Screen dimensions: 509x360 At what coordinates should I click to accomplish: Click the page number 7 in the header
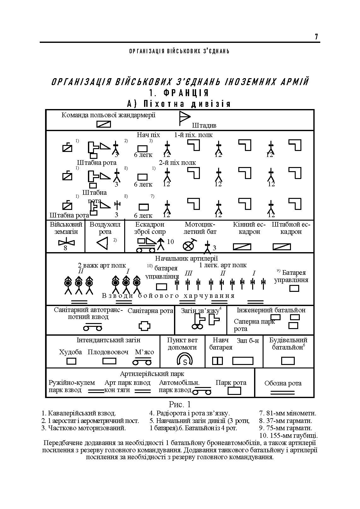click(x=316, y=37)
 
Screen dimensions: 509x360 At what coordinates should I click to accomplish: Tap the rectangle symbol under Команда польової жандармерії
click(x=104, y=124)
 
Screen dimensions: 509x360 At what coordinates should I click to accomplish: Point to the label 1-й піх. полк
click(x=193, y=135)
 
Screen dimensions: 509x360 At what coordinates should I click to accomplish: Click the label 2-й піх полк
click(x=177, y=163)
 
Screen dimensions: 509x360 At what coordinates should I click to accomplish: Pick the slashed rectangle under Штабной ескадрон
click(x=282, y=247)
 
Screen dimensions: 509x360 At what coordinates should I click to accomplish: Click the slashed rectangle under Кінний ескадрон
click(x=242, y=247)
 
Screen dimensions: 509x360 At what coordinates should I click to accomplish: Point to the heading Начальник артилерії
click(x=186, y=258)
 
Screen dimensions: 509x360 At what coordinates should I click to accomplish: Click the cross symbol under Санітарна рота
click(x=145, y=326)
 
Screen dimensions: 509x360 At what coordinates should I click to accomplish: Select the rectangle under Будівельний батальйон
click(x=287, y=361)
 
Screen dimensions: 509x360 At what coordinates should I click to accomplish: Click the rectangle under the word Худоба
click(x=72, y=361)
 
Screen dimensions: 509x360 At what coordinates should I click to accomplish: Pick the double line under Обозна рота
click(x=283, y=393)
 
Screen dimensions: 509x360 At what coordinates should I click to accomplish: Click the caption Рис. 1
click(x=180, y=404)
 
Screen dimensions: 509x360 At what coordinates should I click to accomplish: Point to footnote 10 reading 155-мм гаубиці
click(x=288, y=436)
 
